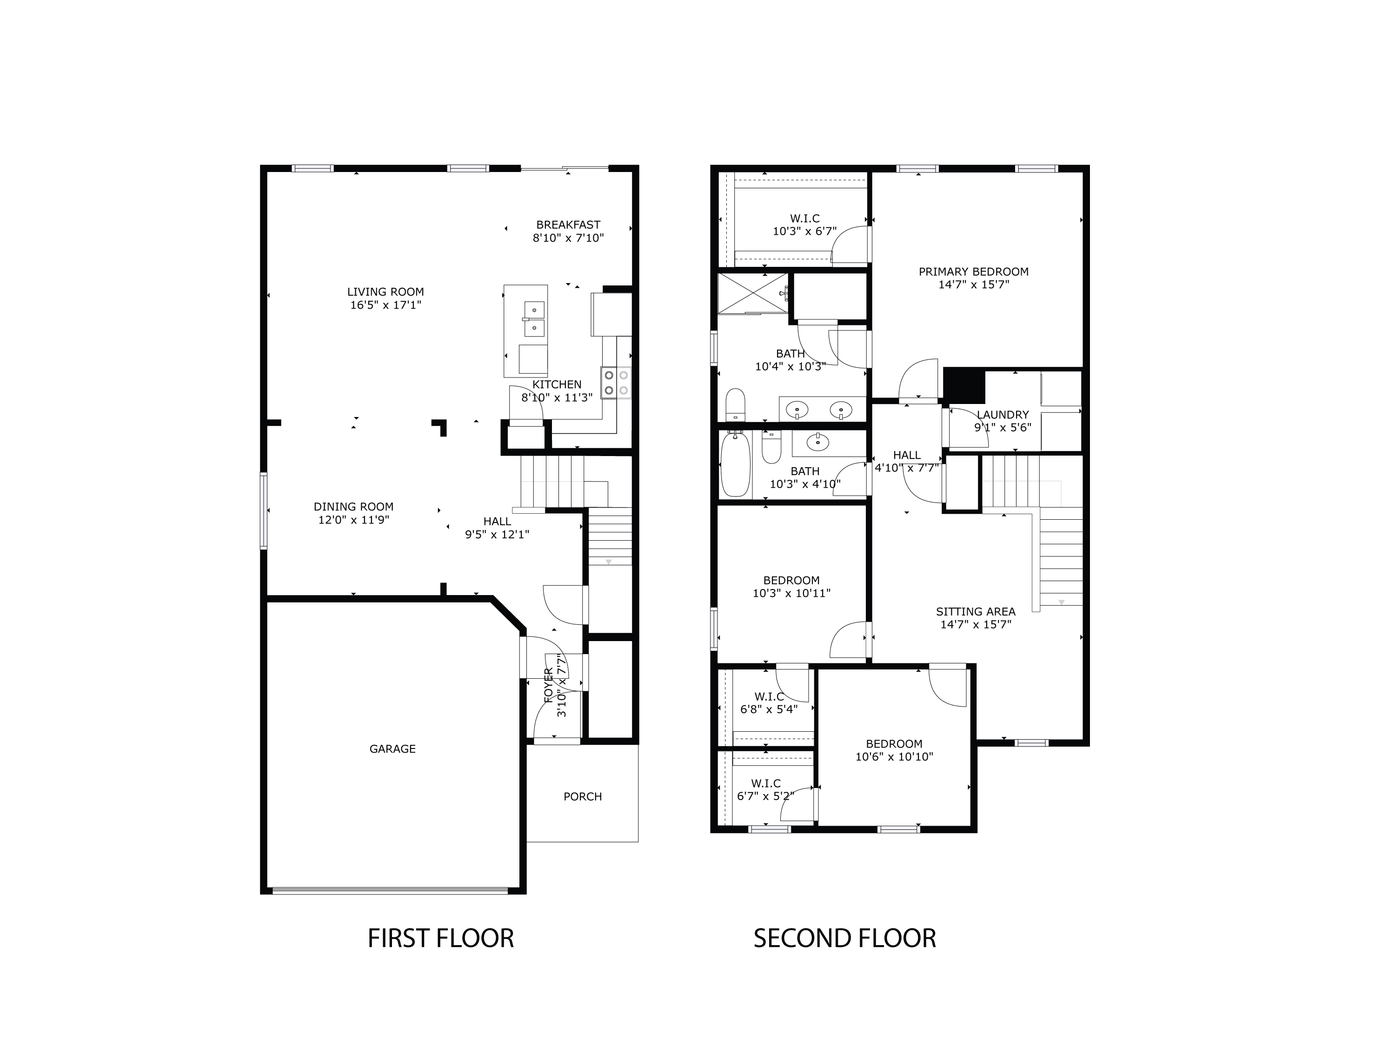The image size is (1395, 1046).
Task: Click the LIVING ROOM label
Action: coord(385,292)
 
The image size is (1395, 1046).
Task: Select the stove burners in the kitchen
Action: coord(616,383)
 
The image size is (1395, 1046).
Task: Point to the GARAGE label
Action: coord(392,749)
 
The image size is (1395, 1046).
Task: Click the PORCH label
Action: coord(582,797)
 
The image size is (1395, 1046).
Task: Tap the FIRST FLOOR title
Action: coord(440,939)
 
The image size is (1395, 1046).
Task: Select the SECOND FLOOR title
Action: coord(844,939)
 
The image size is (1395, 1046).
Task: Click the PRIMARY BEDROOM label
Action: coord(973,272)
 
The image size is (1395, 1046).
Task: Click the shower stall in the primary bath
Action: coord(752,293)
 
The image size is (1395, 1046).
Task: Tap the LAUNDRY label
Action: coord(1003,415)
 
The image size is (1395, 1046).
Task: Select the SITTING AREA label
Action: coord(976,612)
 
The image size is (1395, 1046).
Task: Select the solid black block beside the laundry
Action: coord(963,386)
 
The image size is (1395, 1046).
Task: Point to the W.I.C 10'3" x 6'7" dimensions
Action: coord(805,232)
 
